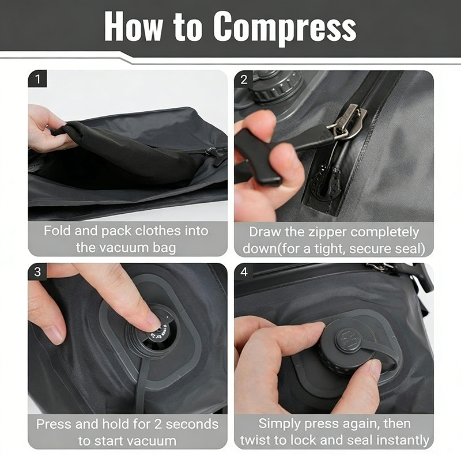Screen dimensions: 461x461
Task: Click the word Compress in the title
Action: point(285,27)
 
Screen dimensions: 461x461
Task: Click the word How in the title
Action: point(133,26)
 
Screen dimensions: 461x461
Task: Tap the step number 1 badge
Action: point(37,79)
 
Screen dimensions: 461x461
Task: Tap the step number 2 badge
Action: point(244,80)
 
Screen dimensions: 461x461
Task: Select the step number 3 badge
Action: point(37,271)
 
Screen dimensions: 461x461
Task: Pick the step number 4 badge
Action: point(244,271)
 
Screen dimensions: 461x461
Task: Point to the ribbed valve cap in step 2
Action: point(277,87)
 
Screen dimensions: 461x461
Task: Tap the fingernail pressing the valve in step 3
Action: point(154,321)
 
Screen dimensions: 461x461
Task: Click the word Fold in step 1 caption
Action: point(57,231)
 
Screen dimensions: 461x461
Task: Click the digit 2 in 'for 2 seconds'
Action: point(158,424)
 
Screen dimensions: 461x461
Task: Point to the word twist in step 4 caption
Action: point(256,440)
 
